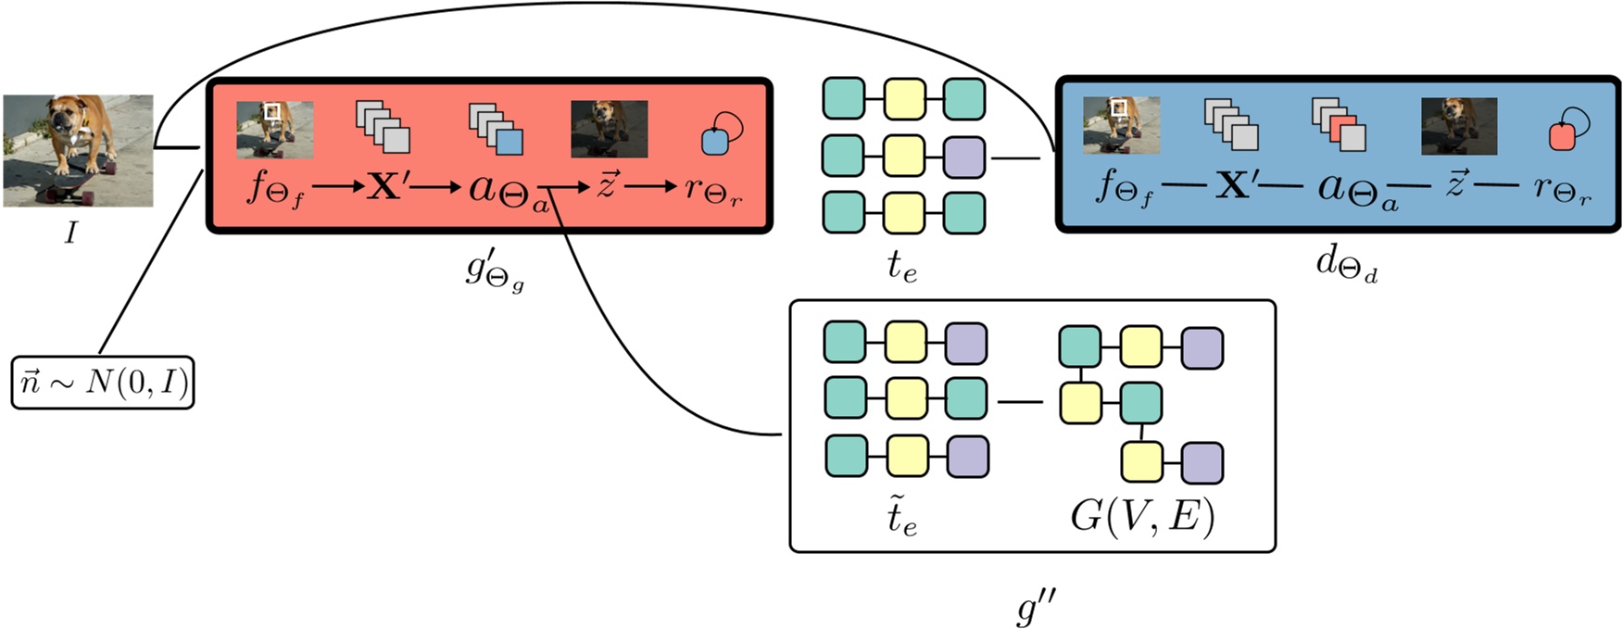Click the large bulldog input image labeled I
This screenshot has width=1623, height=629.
click(78, 150)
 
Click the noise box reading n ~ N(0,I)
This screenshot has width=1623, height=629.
click(103, 382)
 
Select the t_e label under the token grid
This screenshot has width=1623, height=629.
click(901, 267)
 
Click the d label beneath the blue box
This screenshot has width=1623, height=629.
click(1345, 265)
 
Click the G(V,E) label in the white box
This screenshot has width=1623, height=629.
click(1141, 517)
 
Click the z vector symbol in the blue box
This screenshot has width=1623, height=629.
click(1455, 185)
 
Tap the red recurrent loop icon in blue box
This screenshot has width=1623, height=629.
click(1568, 129)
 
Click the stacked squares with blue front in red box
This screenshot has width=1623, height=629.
click(497, 129)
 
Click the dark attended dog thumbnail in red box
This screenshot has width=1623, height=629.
click(609, 129)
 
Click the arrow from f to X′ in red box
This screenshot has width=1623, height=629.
click(338, 187)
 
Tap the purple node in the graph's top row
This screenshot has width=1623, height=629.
click(1202, 347)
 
